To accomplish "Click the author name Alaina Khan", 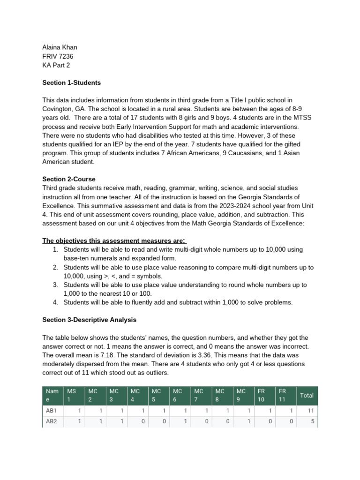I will tap(60, 47).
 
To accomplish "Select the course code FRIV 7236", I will tap(58, 56).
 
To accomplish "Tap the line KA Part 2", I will tap(56, 65).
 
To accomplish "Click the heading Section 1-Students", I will tap(71, 83).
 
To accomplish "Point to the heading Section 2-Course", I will tap(68, 179).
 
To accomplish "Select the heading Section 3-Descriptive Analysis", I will tap(89, 320).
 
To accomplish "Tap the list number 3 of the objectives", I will tap(55, 285).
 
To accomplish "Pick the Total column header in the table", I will tap(307, 396).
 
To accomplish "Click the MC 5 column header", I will tap(157, 396).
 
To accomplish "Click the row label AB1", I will tap(51, 411).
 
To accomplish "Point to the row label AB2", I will tap(51, 421).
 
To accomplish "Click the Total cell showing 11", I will tap(310, 411).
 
